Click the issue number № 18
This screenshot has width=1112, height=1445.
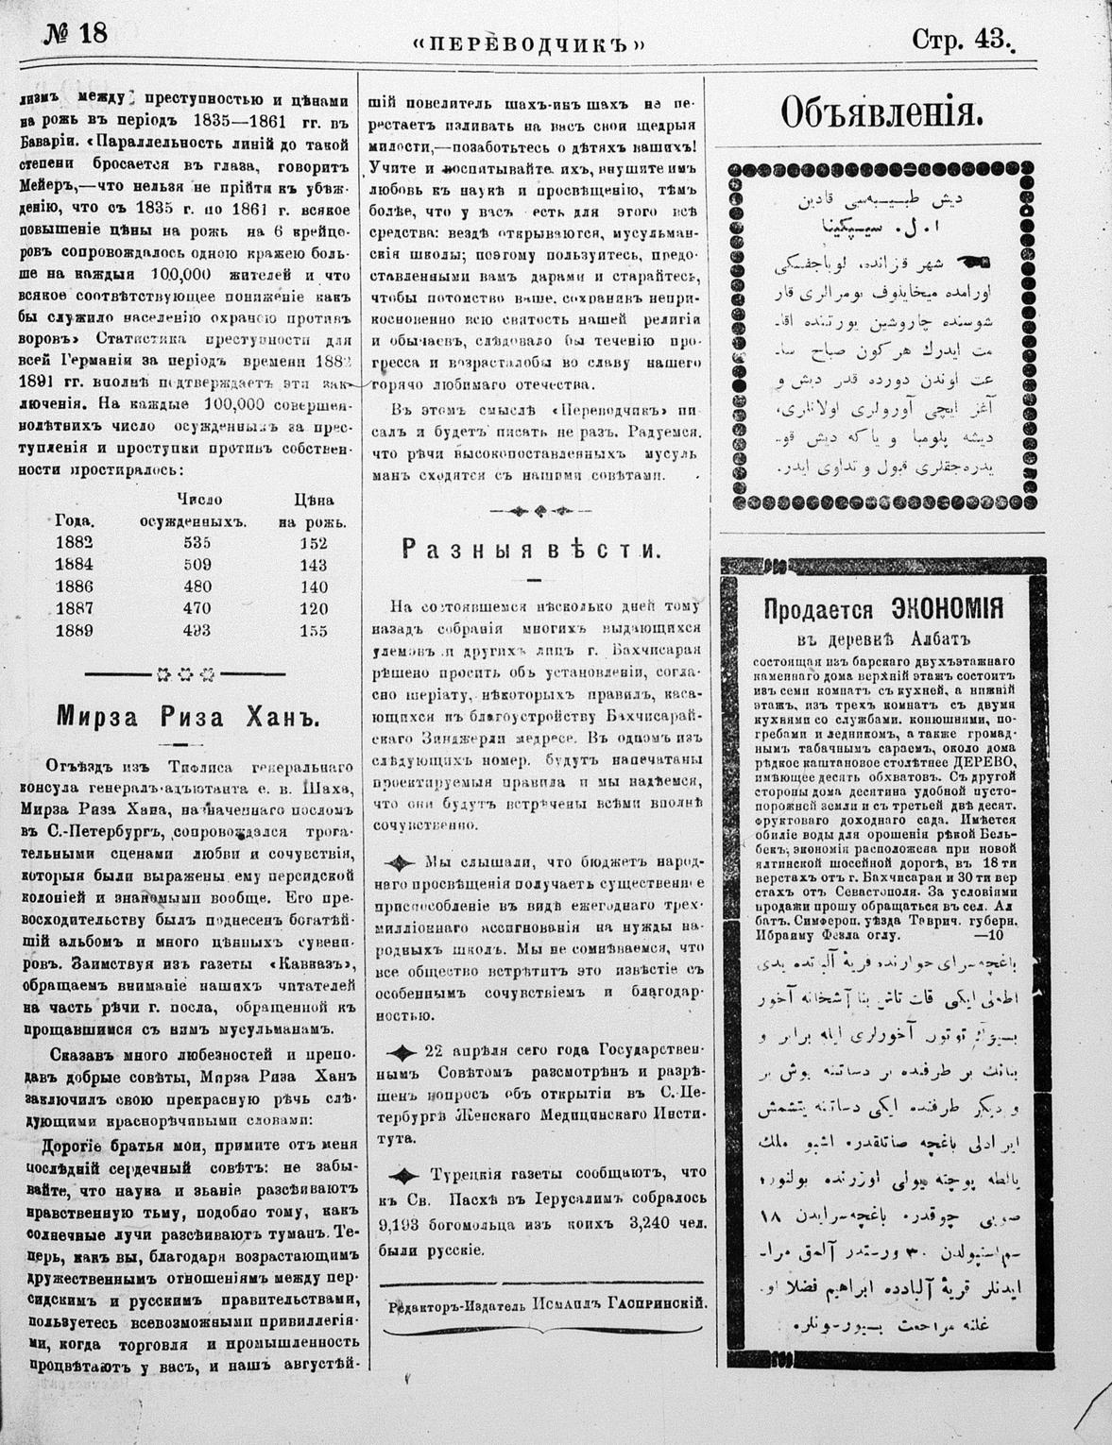point(76,33)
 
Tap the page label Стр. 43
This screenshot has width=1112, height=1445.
point(961,38)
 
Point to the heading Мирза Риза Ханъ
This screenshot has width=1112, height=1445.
point(190,715)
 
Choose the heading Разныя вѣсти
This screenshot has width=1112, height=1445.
point(529,549)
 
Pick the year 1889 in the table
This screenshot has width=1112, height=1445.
point(75,630)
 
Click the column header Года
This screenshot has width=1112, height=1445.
point(74,520)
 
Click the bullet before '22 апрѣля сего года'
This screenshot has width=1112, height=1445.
point(403,1052)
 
